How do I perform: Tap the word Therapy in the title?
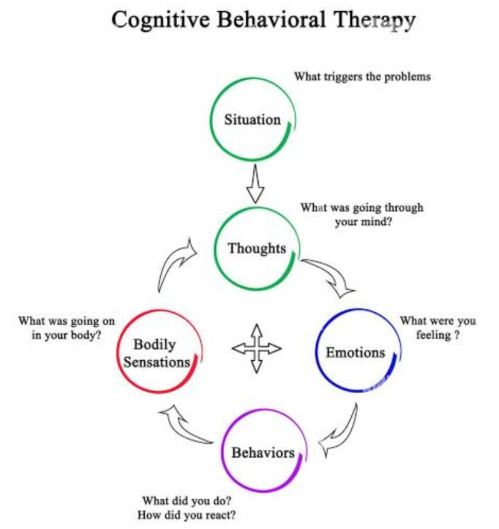pyautogui.click(x=369, y=20)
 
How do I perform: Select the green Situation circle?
pyautogui.click(x=253, y=120)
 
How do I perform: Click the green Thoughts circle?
pyautogui.click(x=256, y=248)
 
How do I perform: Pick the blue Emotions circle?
pyautogui.click(x=355, y=352)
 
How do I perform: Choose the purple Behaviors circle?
pyautogui.click(x=263, y=452)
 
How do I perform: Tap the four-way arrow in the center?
pyautogui.click(x=256, y=348)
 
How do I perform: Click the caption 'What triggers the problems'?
pyautogui.click(x=362, y=77)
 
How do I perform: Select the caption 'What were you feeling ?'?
pyautogui.click(x=437, y=328)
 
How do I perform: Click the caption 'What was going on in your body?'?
pyautogui.click(x=66, y=328)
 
